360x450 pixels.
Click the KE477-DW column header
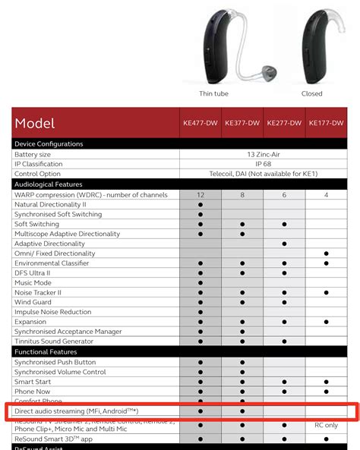(201, 122)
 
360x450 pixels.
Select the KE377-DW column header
(242, 122)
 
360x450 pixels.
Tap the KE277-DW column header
(284, 122)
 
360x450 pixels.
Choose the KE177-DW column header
(326, 122)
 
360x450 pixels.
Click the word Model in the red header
(35, 123)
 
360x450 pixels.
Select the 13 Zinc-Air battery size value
(264, 153)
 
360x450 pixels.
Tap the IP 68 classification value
(264, 163)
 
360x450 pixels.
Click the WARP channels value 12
(201, 194)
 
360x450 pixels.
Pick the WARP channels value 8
(242, 194)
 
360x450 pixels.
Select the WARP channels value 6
(284, 194)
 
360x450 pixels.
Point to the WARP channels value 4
(326, 194)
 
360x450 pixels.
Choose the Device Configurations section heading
(49, 143)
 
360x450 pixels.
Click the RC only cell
(326, 425)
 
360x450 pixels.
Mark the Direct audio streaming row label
(76, 411)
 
